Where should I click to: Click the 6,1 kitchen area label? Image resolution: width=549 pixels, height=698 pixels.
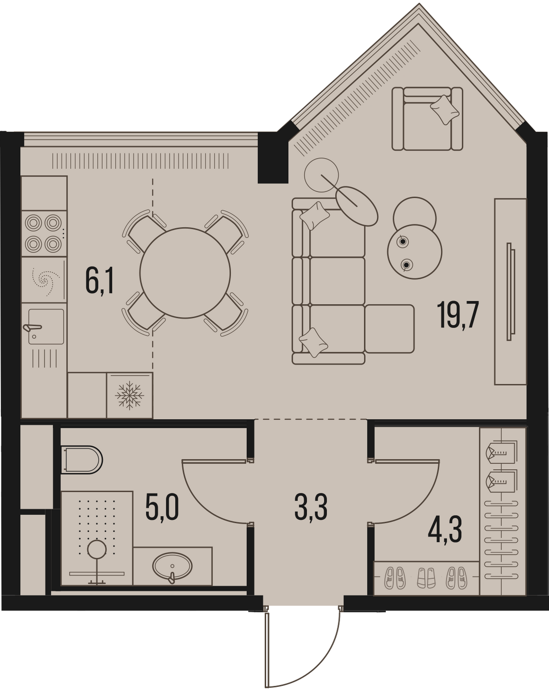tap(100, 282)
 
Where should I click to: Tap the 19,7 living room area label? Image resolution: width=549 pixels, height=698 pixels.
tap(457, 315)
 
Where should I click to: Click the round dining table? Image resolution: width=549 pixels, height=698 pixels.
tap(185, 273)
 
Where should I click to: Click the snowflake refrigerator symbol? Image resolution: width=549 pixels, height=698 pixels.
tap(130, 396)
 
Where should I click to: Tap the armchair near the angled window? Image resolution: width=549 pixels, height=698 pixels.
tap(428, 119)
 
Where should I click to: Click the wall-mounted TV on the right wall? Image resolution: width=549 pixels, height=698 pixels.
tap(511, 292)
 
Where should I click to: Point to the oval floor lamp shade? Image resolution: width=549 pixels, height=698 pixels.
tap(357, 206)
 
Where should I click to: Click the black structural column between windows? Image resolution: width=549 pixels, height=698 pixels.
tap(273, 158)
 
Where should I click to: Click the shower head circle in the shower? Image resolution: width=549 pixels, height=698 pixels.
tap(97, 549)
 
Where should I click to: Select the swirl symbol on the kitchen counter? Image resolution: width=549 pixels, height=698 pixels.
tap(46, 280)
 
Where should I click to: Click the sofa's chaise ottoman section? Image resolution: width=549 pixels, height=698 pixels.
tap(389, 329)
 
